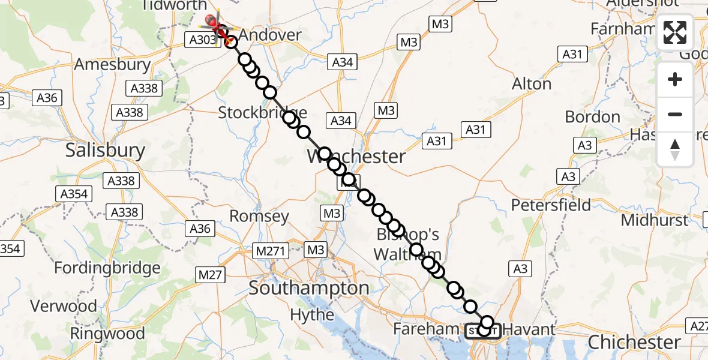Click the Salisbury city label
click(106, 150)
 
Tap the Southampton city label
click(309, 288)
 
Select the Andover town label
click(270, 35)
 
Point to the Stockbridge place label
click(262, 112)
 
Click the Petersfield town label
click(551, 205)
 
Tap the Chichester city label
click(634, 343)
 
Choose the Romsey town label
click(260, 216)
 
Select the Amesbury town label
click(112, 64)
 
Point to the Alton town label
click(532, 84)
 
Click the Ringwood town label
click(107, 333)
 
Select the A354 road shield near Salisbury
click(74, 194)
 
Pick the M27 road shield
click(210, 275)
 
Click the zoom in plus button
click(675, 79)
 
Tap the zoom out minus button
click(675, 114)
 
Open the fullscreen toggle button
click(675, 32)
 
